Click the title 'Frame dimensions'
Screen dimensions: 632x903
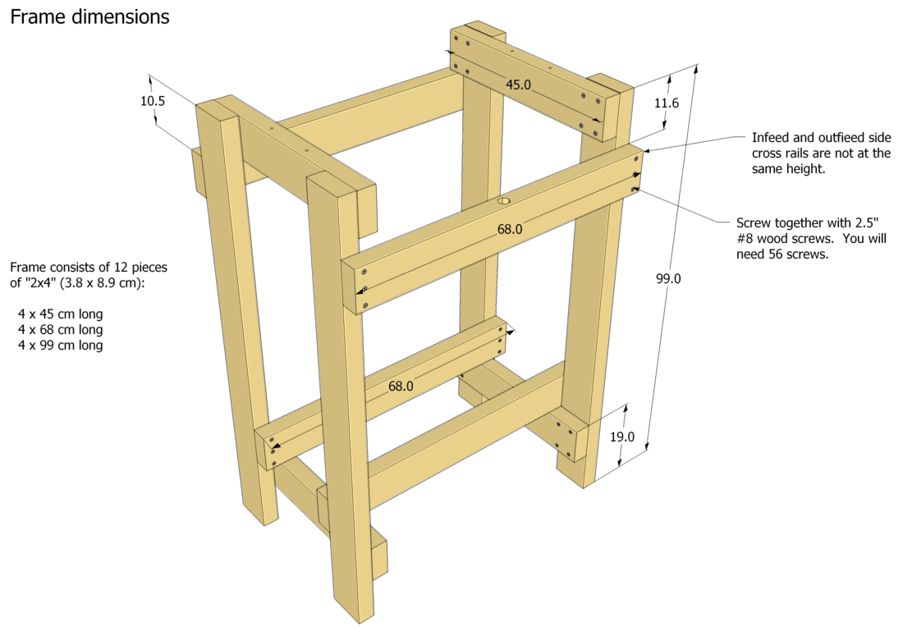click(x=89, y=16)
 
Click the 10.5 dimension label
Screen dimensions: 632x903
click(x=153, y=101)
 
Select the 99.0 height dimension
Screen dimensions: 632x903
click(x=668, y=278)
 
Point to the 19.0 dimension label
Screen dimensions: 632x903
click(x=622, y=437)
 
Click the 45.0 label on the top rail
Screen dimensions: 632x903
click(x=518, y=85)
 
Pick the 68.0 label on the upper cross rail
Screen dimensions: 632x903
click(x=509, y=229)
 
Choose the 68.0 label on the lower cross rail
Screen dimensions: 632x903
click(x=401, y=385)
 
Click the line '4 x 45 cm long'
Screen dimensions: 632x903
click(x=61, y=314)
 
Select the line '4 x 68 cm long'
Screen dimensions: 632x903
click(x=61, y=330)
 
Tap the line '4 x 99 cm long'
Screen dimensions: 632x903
click(x=61, y=346)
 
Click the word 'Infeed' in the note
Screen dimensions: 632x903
click(x=772, y=138)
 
